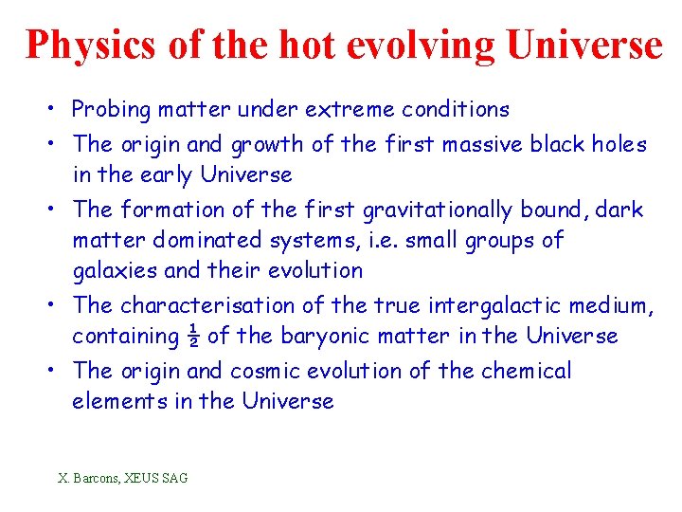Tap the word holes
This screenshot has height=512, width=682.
click(617, 145)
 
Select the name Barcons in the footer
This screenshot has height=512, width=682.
click(101, 478)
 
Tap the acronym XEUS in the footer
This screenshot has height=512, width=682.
click(147, 478)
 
